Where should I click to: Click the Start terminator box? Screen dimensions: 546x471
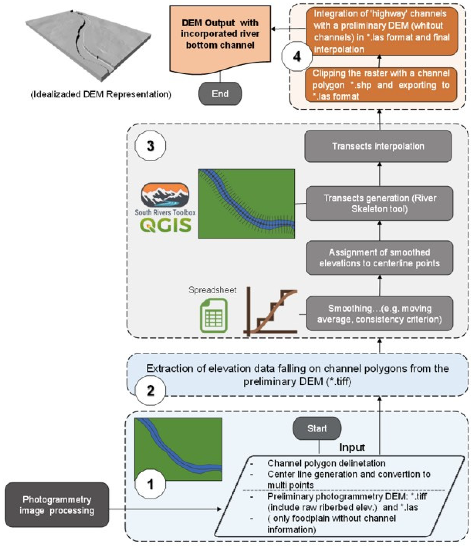coord(317,428)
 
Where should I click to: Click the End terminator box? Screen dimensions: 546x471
coord(220,94)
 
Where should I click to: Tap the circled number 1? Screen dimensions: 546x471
coord(150,484)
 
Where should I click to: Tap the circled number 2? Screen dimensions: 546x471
coord(150,390)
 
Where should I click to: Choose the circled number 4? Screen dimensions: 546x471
coord(297,56)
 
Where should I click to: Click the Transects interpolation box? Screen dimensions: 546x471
coord(378,146)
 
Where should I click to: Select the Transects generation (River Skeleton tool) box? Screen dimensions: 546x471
coord(379,203)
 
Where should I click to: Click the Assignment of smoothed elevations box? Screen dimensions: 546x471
coord(379,258)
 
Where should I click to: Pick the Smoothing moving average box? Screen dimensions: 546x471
coord(379,314)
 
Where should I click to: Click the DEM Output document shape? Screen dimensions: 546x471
coord(220,37)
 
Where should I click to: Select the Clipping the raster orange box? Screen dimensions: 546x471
coord(381,85)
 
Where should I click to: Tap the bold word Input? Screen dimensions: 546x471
coord(352,447)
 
